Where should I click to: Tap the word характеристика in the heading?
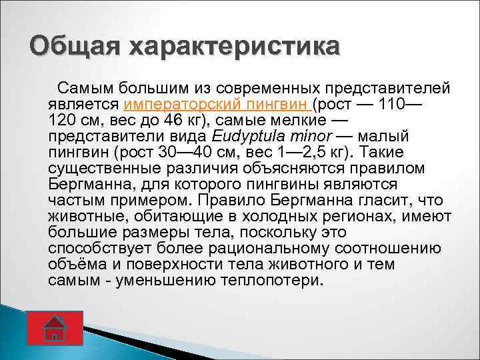tap(234, 47)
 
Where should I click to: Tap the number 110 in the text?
tap(392, 105)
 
